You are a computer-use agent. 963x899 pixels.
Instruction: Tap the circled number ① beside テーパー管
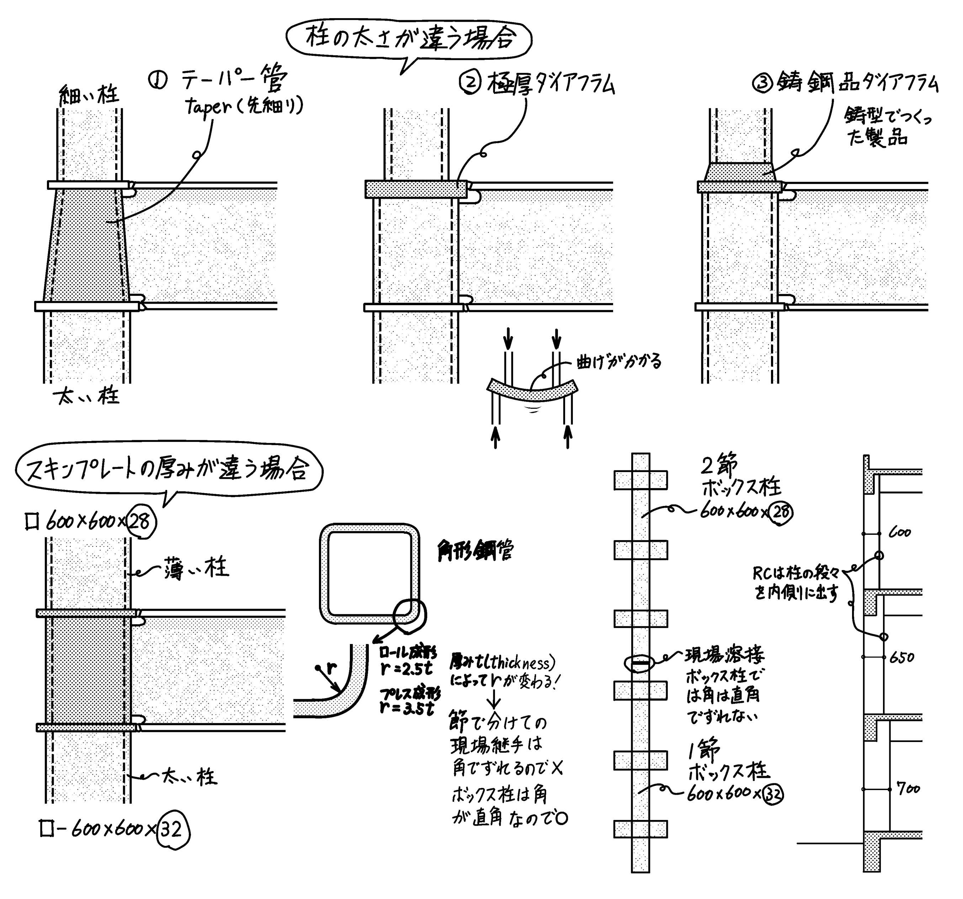(x=158, y=81)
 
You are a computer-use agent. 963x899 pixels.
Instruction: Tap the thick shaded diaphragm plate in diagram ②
(x=416, y=189)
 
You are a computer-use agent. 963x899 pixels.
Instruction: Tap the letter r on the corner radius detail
(x=331, y=669)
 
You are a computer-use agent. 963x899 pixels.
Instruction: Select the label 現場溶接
(x=724, y=655)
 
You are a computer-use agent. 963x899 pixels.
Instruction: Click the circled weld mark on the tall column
(x=640, y=662)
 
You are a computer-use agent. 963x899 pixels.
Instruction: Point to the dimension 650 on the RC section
(x=902, y=658)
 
